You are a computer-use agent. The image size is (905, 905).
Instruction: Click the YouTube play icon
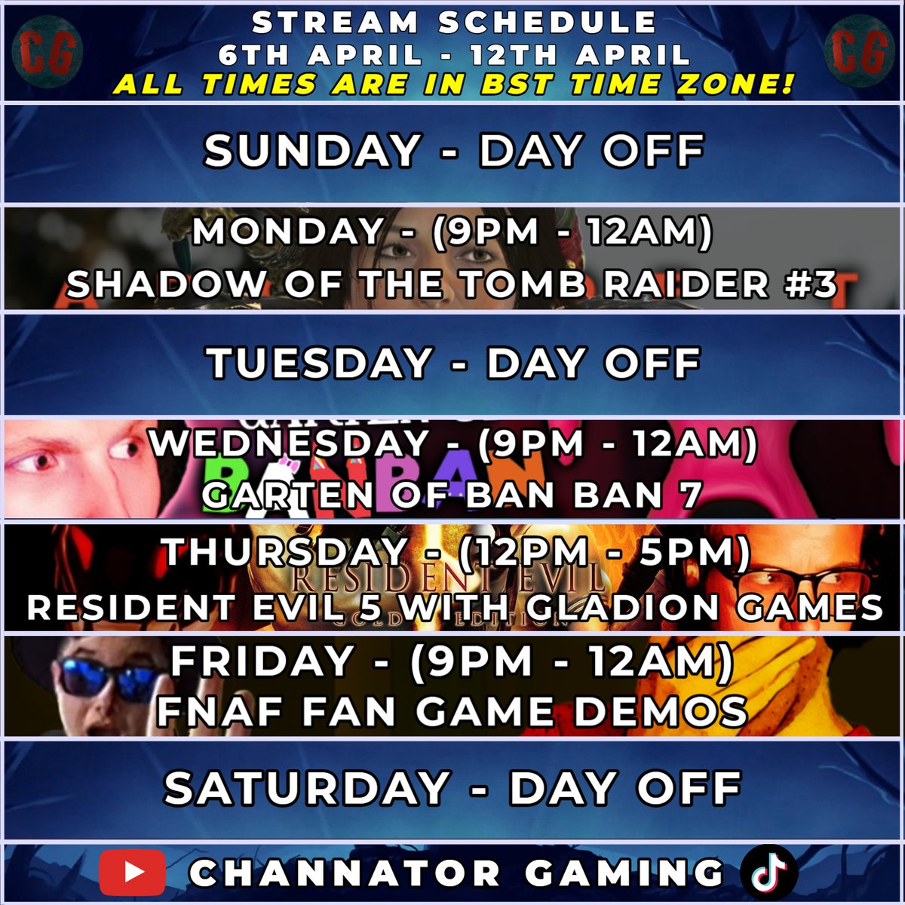[x=134, y=874]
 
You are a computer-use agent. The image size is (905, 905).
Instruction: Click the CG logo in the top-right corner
[x=858, y=51]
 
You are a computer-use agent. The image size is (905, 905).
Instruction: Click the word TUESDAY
[x=320, y=364]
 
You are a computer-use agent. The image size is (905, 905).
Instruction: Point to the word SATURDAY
[x=307, y=789]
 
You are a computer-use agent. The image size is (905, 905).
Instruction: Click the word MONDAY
[x=287, y=232]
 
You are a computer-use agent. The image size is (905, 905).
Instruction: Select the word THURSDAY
[x=284, y=553]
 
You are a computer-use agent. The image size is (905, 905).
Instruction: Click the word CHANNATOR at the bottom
[x=344, y=874]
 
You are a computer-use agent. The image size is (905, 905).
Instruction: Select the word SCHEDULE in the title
[x=546, y=23]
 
